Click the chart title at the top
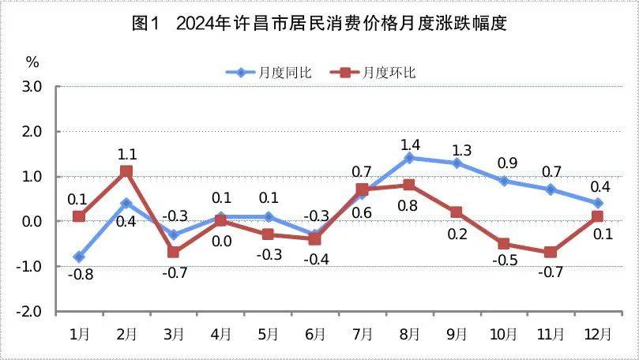tap(319, 23)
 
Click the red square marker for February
tap(126, 171)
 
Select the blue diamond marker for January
tap(79, 257)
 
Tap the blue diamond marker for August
tap(409, 158)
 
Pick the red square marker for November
tap(551, 252)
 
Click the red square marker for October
tap(503, 243)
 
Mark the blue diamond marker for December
tap(598, 203)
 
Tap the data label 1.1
tap(126, 154)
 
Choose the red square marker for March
tap(174, 252)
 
